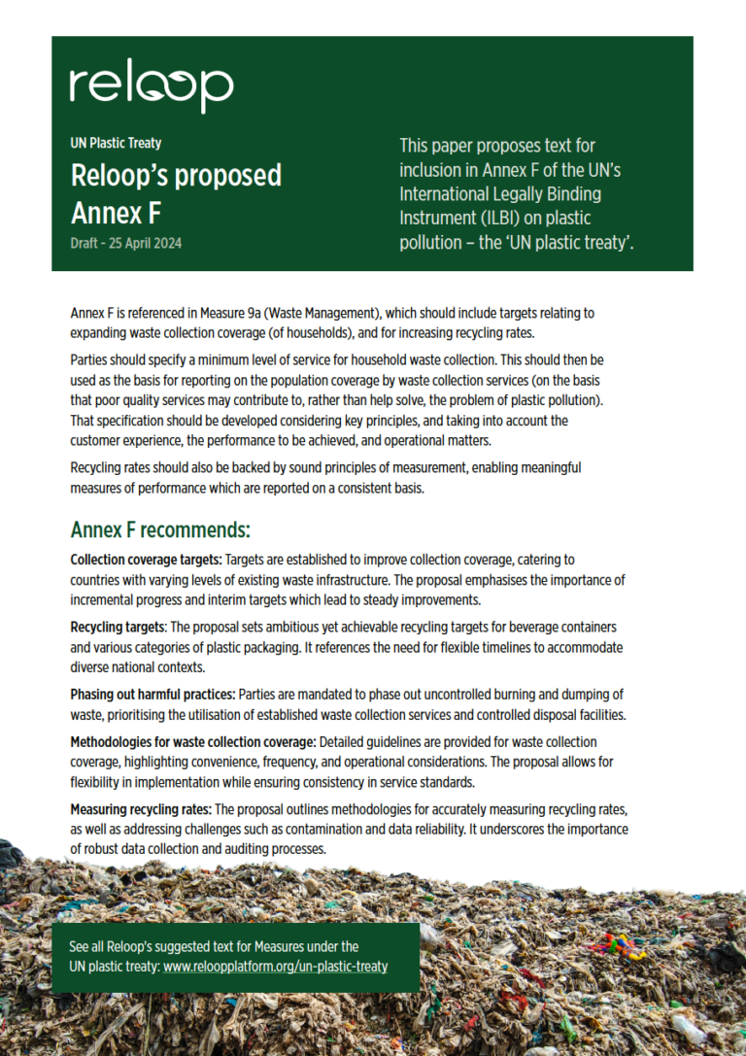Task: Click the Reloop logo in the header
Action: pyautogui.click(x=151, y=88)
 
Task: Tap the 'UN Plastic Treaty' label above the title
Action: pyautogui.click(x=116, y=143)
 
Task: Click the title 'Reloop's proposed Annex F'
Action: pyautogui.click(x=175, y=192)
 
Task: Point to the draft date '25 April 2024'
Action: pyautogui.click(x=147, y=243)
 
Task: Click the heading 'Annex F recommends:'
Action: pyautogui.click(x=160, y=530)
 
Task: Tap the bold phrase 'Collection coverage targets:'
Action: pyautogui.click(x=146, y=561)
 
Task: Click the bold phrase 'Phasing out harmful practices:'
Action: pyautogui.click(x=153, y=695)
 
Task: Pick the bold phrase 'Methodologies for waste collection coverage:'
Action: pyautogui.click(x=192, y=741)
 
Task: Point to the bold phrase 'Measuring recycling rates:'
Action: pyautogui.click(x=141, y=808)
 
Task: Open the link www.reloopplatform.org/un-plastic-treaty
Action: pyautogui.click(x=275, y=967)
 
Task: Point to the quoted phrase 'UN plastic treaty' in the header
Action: pyautogui.click(x=573, y=242)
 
